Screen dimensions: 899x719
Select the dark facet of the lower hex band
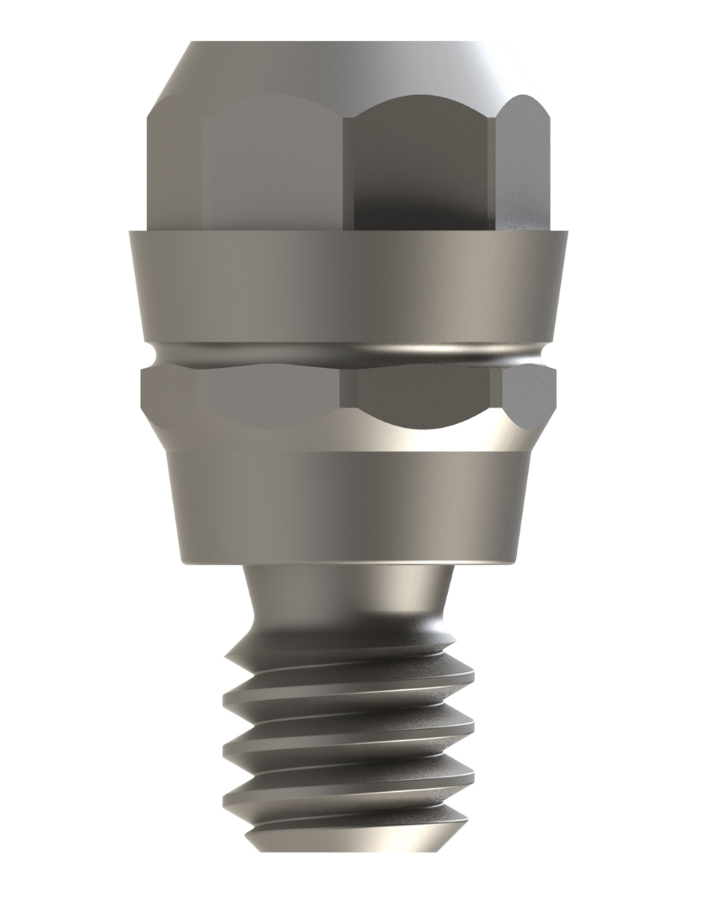tap(419, 393)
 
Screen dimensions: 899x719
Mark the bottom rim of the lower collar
tap(348, 560)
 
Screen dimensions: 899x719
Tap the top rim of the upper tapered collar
tap(348, 233)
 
